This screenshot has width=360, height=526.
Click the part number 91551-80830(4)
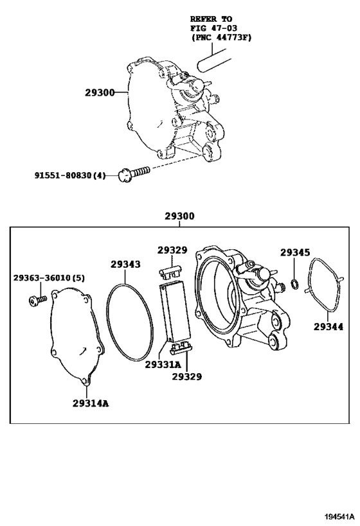click(70, 175)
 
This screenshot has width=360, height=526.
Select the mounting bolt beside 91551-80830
click(134, 173)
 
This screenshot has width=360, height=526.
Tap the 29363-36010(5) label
click(49, 277)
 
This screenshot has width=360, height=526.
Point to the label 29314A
click(91, 403)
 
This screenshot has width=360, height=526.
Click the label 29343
click(125, 265)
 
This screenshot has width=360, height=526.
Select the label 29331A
click(163, 364)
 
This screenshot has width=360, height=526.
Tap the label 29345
click(295, 252)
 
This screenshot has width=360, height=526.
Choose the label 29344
click(328, 326)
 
